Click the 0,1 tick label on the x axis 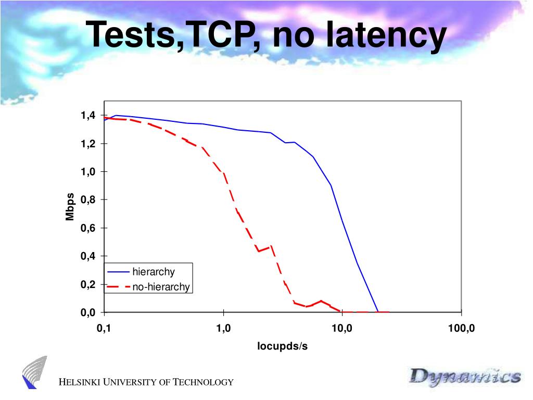pos(104,329)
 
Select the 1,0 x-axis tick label pos(223,329)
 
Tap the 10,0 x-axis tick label pos(342,329)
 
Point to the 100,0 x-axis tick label pos(461,329)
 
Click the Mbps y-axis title pos(70,207)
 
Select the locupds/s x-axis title pos(283,346)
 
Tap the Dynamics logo pos(464,376)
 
